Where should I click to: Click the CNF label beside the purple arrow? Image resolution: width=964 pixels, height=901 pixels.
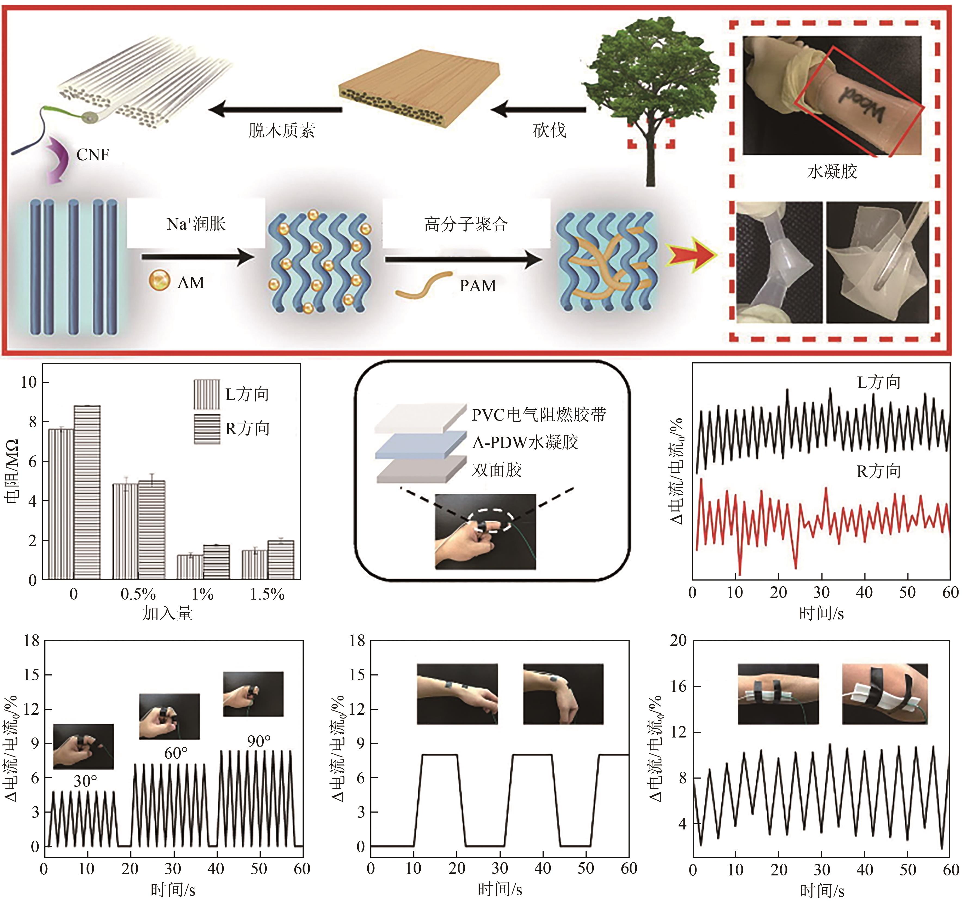point(93,155)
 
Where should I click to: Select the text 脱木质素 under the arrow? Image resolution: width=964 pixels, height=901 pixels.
point(282,130)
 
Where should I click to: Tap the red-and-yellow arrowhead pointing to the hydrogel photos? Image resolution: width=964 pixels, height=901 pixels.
point(691,254)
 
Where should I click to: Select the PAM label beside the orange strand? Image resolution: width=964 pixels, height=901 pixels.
point(478,286)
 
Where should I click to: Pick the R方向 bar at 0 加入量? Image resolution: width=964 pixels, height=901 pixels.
point(87,492)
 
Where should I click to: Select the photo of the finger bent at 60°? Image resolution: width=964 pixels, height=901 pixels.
point(169,716)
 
